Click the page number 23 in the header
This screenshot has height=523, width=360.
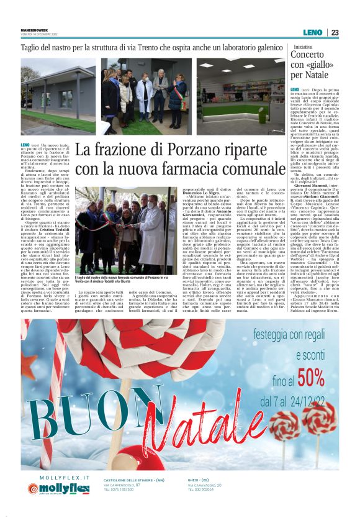[335, 33]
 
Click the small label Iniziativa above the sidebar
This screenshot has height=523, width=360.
[304, 46]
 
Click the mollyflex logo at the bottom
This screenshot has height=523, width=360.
[58, 488]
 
